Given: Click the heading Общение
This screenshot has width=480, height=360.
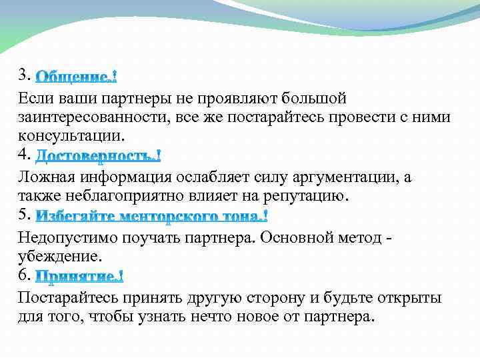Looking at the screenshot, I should [76, 77].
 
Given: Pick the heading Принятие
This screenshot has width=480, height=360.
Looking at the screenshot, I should [79, 276].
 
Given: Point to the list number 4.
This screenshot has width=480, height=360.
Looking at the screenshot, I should [25, 155].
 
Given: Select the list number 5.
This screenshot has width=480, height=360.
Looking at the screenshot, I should [25, 214].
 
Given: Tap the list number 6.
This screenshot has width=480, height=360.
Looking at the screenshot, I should [25, 274].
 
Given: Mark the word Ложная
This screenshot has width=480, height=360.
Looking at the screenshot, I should [47, 177].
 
